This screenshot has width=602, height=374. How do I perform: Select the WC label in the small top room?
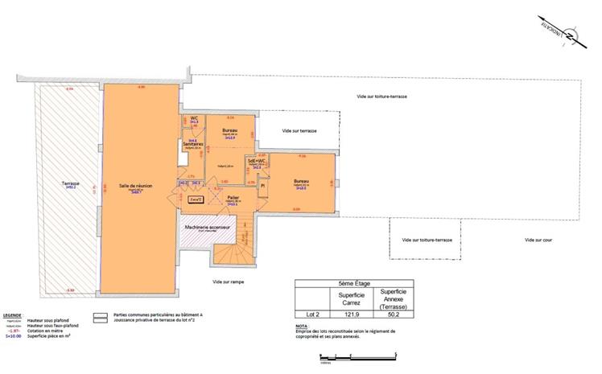point(194,119)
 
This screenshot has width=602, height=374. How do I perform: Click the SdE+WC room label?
point(257,161)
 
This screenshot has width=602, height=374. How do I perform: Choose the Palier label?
point(232,197)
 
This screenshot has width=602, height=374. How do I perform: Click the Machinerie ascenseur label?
point(208,228)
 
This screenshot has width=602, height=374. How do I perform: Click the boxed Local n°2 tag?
point(194,198)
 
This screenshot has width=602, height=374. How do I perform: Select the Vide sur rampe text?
point(229,282)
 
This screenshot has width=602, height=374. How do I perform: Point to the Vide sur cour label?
point(538,240)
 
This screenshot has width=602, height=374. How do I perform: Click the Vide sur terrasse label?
point(299,130)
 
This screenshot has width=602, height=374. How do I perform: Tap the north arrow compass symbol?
point(567,35)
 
